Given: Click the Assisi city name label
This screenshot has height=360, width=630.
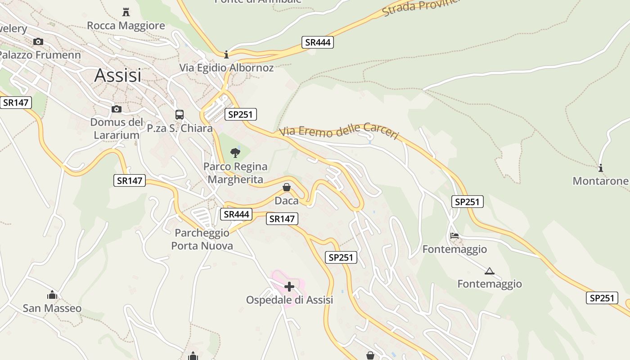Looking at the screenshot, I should click(117, 76).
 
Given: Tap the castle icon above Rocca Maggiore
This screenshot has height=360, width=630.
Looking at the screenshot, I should click(126, 12).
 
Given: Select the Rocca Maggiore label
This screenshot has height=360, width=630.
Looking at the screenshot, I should click(126, 26).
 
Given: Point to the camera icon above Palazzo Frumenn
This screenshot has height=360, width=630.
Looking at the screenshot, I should click(38, 42).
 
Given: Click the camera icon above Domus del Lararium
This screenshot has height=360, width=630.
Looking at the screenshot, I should click(117, 109).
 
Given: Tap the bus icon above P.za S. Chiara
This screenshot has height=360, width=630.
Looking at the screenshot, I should click(180, 115).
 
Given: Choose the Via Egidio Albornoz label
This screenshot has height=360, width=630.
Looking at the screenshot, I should click(226, 68).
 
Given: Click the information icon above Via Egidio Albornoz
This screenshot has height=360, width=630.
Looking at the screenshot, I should click(226, 54).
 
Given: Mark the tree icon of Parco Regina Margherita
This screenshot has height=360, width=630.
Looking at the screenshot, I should click(235, 153).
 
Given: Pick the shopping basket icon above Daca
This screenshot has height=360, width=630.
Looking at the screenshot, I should click(287, 187).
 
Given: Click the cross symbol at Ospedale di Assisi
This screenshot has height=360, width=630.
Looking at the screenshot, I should click(289, 286).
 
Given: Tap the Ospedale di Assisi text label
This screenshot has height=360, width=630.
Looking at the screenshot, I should click(289, 300).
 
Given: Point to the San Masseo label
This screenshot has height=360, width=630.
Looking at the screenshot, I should click(52, 308).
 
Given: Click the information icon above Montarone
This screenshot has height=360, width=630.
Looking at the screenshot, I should click(600, 168).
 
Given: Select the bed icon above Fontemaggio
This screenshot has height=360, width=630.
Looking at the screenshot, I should click(454, 236).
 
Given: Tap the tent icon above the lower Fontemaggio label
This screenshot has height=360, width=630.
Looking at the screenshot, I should click(490, 271).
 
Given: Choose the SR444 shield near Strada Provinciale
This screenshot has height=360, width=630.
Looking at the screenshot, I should click(318, 43).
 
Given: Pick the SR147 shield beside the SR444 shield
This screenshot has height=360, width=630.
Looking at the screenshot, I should click(282, 219).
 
